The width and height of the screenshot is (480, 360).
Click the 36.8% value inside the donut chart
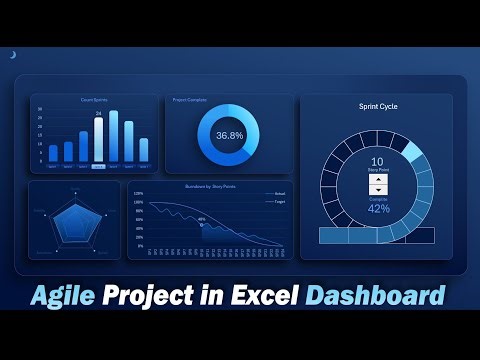[229, 135]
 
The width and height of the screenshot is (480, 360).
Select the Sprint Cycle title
[376, 105]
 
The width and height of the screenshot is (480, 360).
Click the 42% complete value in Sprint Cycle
[378, 209]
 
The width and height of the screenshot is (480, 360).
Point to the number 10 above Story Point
[377, 161]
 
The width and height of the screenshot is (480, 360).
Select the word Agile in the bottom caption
[71, 296]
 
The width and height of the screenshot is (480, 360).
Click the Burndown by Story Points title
[196, 187]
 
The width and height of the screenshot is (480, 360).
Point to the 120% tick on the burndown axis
[139, 193]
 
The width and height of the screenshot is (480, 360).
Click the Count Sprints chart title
[95, 100]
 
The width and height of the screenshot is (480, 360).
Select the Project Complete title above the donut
[190, 100]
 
